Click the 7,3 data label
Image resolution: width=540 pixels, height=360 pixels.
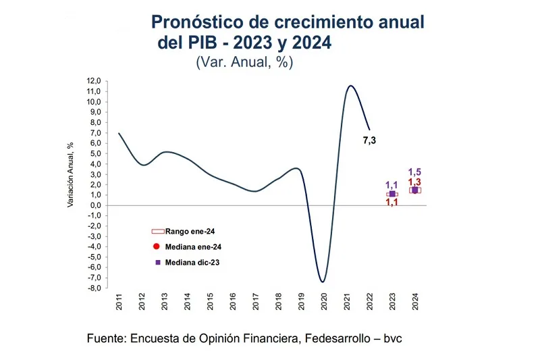(369, 140)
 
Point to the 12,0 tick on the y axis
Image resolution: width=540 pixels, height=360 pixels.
(93, 81)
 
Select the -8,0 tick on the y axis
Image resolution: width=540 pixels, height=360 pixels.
(92, 288)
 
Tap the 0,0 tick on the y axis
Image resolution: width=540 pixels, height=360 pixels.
(94, 205)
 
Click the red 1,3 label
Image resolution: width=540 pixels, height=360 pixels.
(414, 182)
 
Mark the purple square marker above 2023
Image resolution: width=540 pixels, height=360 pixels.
(392, 194)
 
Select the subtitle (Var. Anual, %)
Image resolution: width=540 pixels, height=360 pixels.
(244, 62)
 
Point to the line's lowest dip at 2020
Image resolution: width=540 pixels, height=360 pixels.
(323, 282)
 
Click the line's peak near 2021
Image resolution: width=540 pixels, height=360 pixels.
(350, 86)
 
